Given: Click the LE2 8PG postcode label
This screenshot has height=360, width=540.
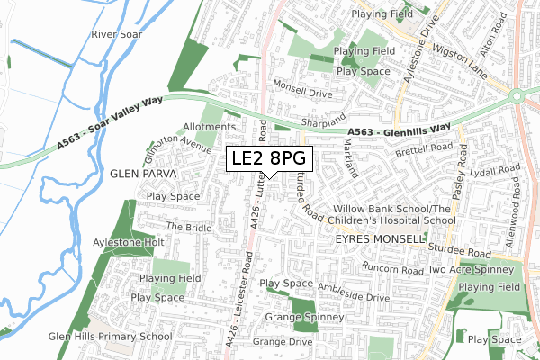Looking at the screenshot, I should tap(269, 159).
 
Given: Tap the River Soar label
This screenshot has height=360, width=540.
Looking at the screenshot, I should tap(117, 34).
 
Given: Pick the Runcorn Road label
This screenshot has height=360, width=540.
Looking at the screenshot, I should tap(392, 268).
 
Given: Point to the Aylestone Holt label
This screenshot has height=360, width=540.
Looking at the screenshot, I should tap(128, 243).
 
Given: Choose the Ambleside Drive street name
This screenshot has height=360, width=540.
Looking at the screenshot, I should tap(352, 295).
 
